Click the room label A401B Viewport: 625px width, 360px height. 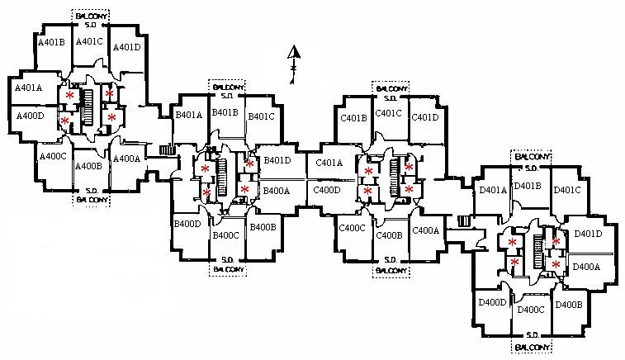pos(51,40)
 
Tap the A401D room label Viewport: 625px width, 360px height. pos(126,47)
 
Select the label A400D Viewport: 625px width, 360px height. pos(30,116)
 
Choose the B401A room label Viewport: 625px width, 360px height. pos(188,116)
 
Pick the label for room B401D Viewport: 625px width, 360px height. pos(277,160)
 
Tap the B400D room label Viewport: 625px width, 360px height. pos(188,224)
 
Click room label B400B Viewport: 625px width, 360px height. pos(263,227)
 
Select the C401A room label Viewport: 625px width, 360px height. pos(329,163)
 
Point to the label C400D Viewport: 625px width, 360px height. pos(327,190)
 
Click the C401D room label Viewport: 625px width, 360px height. pos(424,117)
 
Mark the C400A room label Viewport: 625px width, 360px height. pos(426,230)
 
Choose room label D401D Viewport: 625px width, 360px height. pos(588,234)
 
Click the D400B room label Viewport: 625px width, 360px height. pos(569,305)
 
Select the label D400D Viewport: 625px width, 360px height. pos(492,302)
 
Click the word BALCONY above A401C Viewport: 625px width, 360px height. pos(89,15)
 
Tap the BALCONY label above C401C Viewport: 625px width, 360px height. pos(390,87)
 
